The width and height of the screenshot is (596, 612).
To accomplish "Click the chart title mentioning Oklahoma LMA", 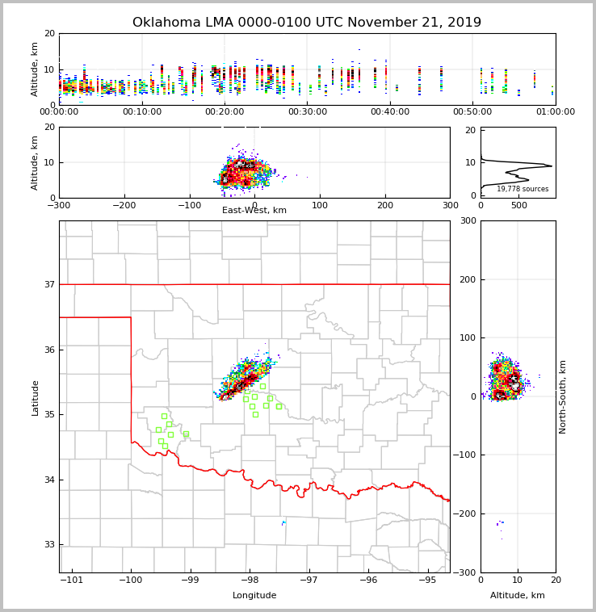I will point(307,23).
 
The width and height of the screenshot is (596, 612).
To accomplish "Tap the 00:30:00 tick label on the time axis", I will point(308,111).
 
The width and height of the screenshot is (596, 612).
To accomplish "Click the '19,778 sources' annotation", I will point(523,189).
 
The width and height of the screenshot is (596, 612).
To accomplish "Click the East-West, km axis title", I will point(254,211).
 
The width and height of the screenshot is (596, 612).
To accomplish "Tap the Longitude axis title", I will point(254,596).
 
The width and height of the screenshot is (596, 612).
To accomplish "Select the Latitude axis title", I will point(35,397).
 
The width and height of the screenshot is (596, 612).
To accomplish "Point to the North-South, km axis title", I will point(563,396).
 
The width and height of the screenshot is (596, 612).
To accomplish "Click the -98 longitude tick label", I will point(250,580).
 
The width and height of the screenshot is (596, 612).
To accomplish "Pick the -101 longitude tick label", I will point(71,580).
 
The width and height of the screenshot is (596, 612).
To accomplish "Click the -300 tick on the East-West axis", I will point(59,205).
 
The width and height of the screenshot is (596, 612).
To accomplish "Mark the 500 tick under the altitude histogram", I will point(519,205).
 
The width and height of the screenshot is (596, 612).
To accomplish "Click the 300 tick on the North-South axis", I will point(467,221).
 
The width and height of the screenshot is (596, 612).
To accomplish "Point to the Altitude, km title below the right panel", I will point(518,596).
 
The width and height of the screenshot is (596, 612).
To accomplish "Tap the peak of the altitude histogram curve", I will point(552,166).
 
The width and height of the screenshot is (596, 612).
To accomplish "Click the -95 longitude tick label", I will point(428,580).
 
